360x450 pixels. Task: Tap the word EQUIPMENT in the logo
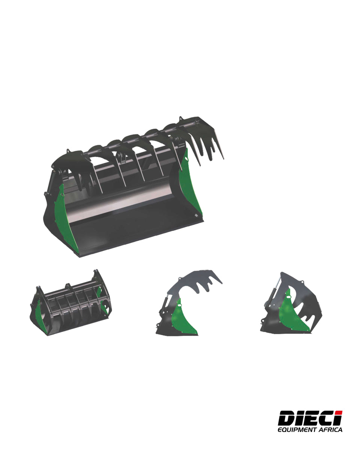pyautogui.click(x=297, y=430)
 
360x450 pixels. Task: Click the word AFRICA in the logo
pyautogui.click(x=330, y=430)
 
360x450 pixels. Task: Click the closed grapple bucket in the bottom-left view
pyautogui.click(x=71, y=304)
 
